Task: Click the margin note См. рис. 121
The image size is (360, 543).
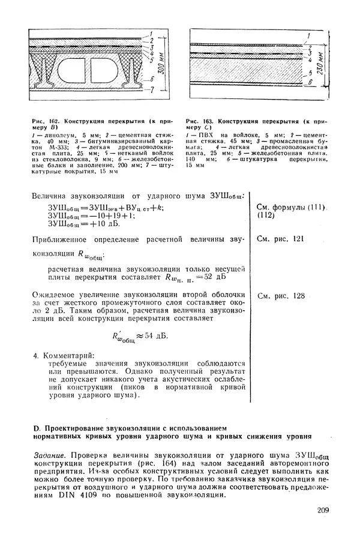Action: tap(281, 239)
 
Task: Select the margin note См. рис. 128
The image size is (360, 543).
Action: tap(281, 296)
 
